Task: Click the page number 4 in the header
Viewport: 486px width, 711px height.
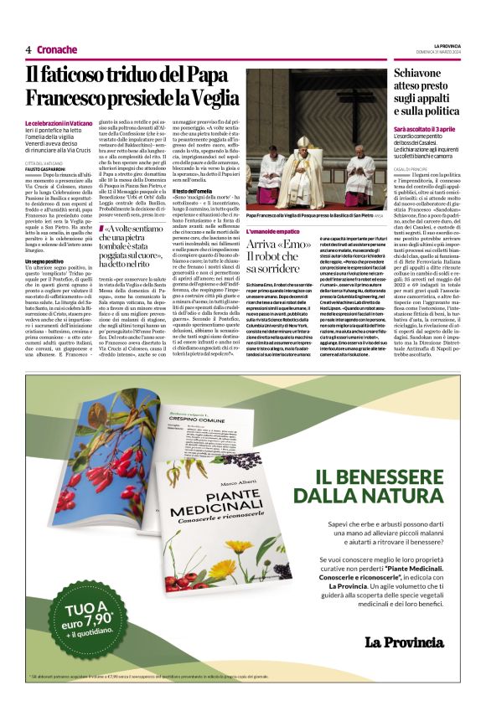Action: click(28, 49)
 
